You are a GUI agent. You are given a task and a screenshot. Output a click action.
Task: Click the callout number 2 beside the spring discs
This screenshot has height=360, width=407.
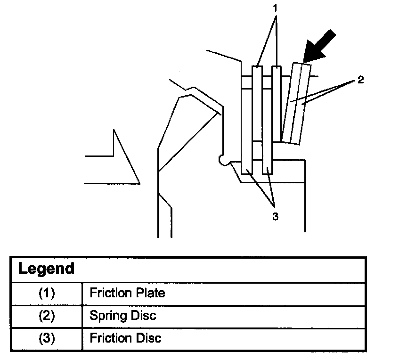(360, 80)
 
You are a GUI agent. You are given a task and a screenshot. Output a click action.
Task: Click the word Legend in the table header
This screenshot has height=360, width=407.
(46, 269)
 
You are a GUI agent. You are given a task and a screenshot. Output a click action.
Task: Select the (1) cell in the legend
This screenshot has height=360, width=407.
(46, 293)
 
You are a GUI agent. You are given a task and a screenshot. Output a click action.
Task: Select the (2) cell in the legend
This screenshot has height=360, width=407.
(46, 315)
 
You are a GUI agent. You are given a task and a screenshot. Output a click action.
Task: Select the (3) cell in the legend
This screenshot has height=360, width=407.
(46, 338)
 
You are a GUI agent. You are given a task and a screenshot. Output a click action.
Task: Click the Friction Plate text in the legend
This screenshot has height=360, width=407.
(127, 293)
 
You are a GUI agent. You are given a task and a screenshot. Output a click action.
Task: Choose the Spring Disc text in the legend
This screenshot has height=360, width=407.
(122, 315)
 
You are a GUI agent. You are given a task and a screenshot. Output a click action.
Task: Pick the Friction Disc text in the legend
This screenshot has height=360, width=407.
(125, 338)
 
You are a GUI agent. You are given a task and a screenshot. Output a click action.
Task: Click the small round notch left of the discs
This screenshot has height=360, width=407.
(222, 161)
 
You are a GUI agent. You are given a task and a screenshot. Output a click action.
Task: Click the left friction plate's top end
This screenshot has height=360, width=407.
(257, 68)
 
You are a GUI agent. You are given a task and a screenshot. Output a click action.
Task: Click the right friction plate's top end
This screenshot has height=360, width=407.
(277, 68)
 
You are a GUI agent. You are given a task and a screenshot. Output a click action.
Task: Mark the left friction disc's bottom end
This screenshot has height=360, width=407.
(246, 172)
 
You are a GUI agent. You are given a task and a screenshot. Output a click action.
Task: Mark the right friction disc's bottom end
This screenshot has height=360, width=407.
(267, 172)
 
